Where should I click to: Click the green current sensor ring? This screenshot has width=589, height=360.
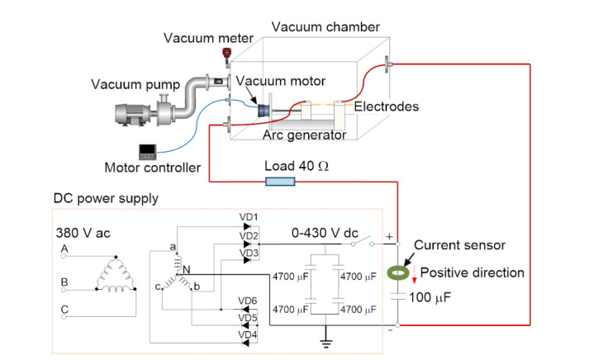pos(399,270)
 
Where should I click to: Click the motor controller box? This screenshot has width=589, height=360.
pos(150,151)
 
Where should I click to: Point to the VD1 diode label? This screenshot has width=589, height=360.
pos(249,217)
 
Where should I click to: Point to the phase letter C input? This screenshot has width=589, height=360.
pos(64,309)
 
